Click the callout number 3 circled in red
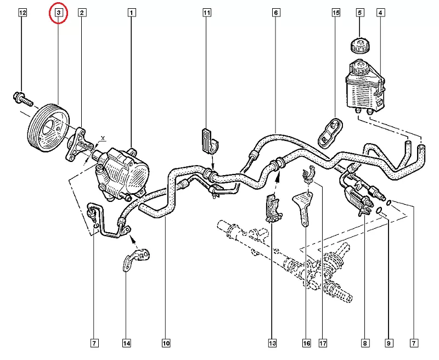coord(59,13)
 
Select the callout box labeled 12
coord(22,12)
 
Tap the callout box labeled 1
coord(132,12)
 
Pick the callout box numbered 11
coord(206,12)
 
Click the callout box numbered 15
coord(336,12)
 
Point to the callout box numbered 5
coord(360,12)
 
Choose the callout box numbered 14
coord(127,344)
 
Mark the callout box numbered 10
coord(166,344)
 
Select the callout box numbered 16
coord(306,344)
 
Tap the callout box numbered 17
coord(323,344)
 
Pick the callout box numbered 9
coord(389,344)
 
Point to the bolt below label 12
coord(22,99)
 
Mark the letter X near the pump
coord(103,138)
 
